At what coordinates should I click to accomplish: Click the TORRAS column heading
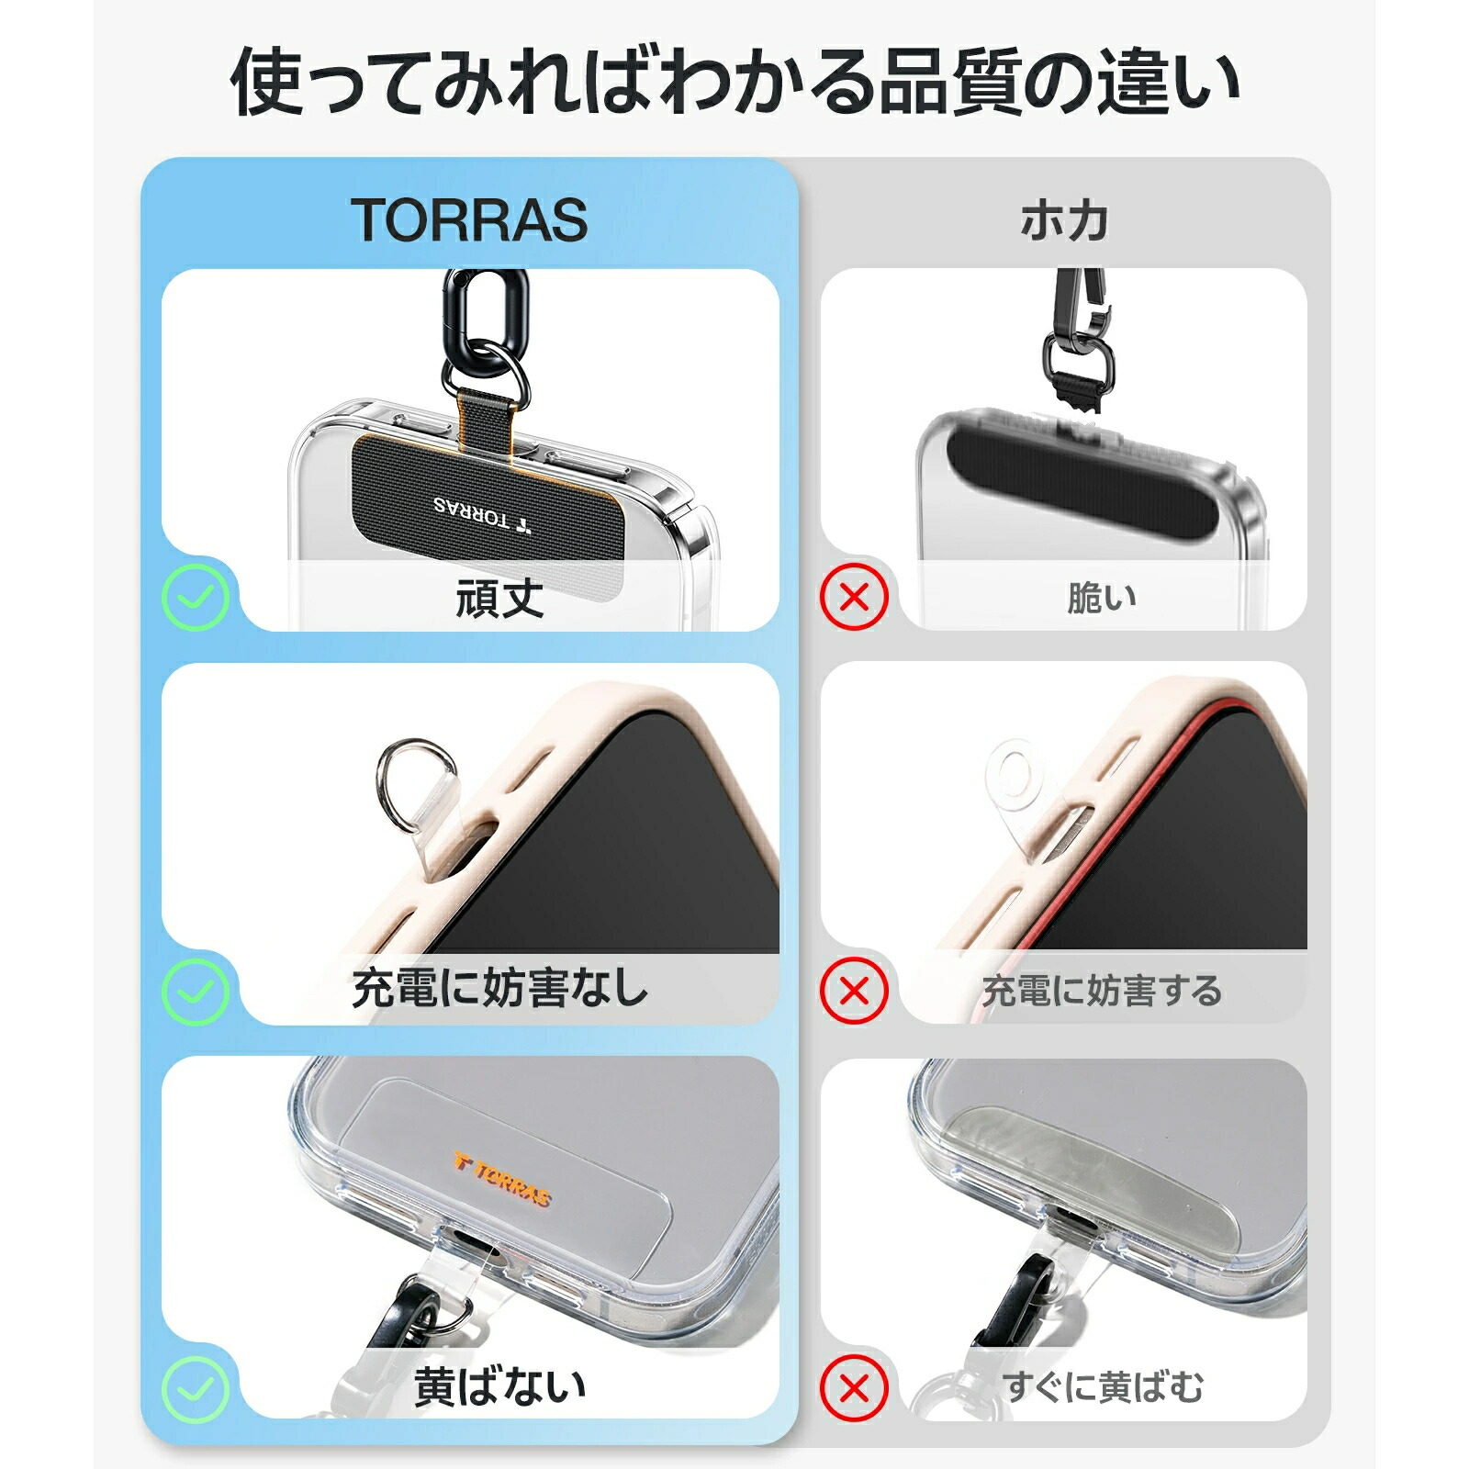[x=469, y=221]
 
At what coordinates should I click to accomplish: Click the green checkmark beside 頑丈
[x=196, y=598]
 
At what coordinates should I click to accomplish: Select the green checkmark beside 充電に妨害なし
[x=196, y=991]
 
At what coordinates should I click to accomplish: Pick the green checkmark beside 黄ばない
[x=196, y=1387]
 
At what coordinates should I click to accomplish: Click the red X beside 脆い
[x=855, y=598]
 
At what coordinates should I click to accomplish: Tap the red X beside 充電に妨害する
[x=855, y=991]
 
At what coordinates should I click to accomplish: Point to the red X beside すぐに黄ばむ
[x=855, y=1387]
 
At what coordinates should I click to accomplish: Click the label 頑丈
[x=499, y=599]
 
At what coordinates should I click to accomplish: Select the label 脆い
[x=1101, y=599]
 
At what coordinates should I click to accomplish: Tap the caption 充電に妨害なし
[x=499, y=990]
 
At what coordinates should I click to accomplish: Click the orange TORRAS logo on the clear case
[x=502, y=1180]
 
